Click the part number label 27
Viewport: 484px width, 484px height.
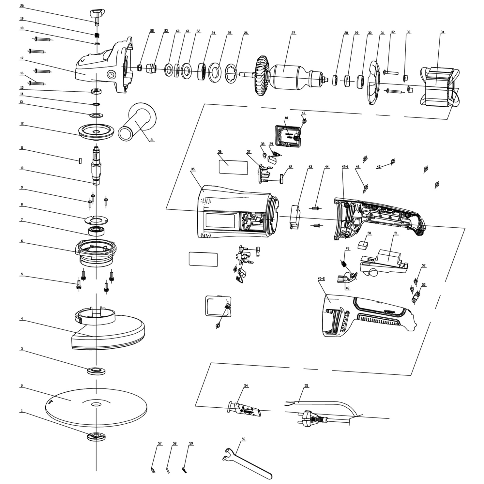tap(293, 33)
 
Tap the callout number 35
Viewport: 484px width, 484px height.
tap(192, 169)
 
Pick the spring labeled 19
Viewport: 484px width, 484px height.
tap(97, 36)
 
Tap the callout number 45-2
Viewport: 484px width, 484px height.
tap(321, 279)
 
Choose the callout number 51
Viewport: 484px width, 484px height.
tap(396, 233)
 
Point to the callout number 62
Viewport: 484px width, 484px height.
tap(198, 31)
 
